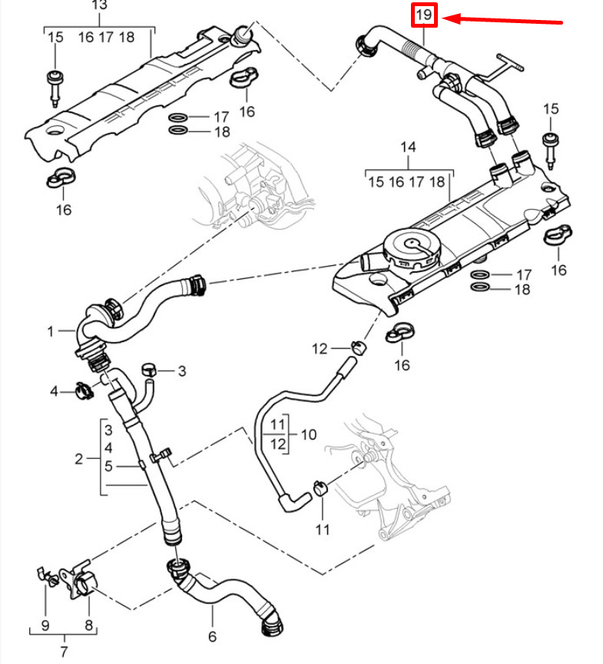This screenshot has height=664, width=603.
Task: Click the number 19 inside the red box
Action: (x=424, y=15)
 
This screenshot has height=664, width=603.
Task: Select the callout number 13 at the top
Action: (x=100, y=5)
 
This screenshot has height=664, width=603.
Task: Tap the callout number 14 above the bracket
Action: (x=407, y=146)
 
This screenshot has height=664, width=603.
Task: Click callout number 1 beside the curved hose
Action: (x=51, y=331)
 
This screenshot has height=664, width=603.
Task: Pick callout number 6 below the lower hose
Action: (x=212, y=636)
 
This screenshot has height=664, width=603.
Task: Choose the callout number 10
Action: (x=307, y=434)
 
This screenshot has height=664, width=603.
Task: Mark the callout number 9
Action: (x=45, y=625)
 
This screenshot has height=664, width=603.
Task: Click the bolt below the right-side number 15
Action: (x=551, y=147)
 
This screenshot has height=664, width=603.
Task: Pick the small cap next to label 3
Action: (x=150, y=370)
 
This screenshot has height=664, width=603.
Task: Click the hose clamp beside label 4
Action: (x=84, y=390)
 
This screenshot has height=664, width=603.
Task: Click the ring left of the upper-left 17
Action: (x=177, y=118)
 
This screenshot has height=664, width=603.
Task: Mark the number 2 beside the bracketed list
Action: (x=78, y=460)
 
